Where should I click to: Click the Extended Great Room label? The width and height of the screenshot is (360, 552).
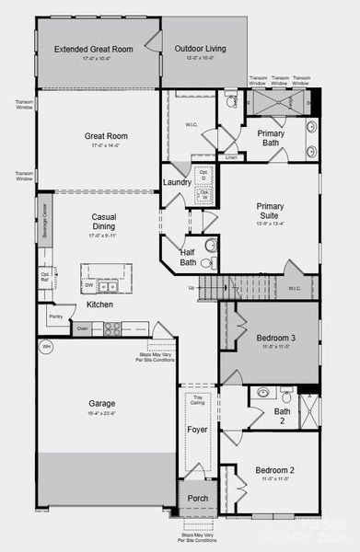[x=94, y=50]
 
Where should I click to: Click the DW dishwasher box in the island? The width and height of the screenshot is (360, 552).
[x=101, y=286]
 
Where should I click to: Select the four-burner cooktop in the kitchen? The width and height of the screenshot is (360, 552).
[x=112, y=328]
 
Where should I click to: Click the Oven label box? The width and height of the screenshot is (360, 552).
[x=83, y=328]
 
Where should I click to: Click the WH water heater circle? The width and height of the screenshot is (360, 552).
[x=45, y=348]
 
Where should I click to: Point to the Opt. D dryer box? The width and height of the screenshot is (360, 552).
[x=204, y=176]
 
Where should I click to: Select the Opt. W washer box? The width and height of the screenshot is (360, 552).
[x=204, y=196]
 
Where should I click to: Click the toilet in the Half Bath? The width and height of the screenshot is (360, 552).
[x=209, y=246]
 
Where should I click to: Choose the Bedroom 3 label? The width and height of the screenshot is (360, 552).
[x=275, y=339]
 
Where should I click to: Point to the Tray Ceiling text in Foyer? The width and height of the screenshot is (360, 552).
[x=198, y=400]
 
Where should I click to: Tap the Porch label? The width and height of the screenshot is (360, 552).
[x=198, y=499]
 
